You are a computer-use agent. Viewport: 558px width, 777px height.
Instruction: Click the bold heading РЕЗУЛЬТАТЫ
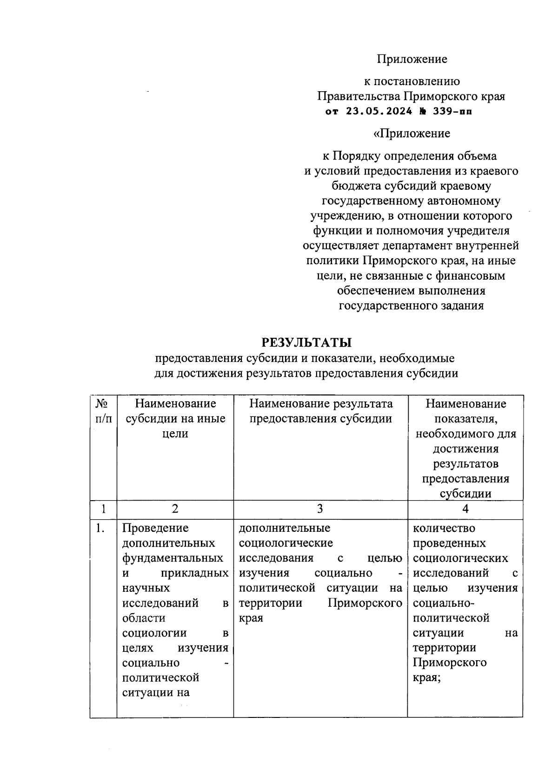(306, 343)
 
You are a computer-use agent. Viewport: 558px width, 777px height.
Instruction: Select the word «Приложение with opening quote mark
(412, 134)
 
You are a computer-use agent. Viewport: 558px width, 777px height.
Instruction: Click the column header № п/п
(103, 411)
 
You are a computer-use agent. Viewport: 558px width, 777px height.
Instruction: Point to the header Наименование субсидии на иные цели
(175, 418)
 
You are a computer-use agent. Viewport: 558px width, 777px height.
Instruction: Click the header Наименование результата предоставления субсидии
(320, 411)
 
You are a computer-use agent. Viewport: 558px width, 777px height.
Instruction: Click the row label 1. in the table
(100, 528)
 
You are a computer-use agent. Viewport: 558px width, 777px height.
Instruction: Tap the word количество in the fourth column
(444, 528)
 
